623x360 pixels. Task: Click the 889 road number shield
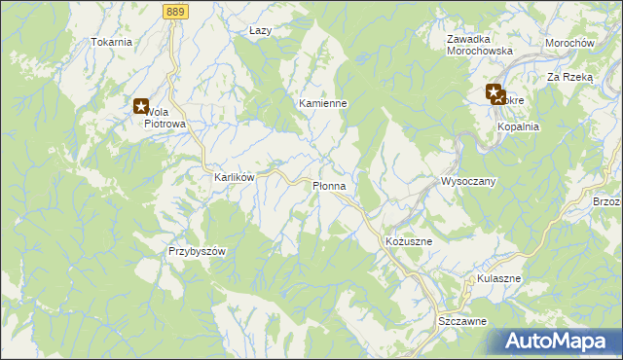(176, 9)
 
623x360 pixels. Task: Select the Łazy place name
(260, 31)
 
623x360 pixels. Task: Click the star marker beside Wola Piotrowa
(140, 106)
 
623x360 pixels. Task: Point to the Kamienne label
(323, 103)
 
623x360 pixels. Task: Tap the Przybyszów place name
(197, 251)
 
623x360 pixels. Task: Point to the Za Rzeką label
(569, 76)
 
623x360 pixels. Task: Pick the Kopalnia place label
(518, 127)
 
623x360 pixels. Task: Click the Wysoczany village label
(469, 182)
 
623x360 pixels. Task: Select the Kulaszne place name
(499, 278)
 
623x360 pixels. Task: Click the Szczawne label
(461, 320)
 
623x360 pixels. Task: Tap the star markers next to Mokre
(496, 94)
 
